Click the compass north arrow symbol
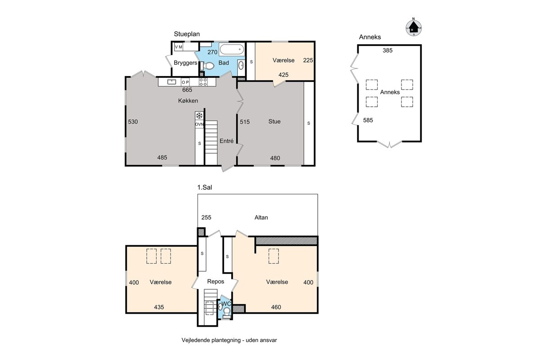click(x=414, y=27)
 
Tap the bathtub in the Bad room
click(x=232, y=49)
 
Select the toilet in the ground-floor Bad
click(x=207, y=66)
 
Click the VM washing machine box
click(x=179, y=47)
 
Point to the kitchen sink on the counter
click(x=171, y=82)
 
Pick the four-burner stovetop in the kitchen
click(x=203, y=82)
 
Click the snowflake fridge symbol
click(x=199, y=116)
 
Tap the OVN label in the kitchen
click(x=199, y=124)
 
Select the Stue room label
click(x=274, y=121)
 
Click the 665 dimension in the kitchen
click(x=187, y=90)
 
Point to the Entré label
click(x=226, y=141)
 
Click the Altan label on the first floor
click(x=261, y=217)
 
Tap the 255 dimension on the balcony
click(x=206, y=217)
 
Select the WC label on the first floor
click(x=226, y=304)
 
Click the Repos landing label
click(x=216, y=281)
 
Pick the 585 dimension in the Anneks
click(x=368, y=120)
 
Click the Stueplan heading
click(x=187, y=34)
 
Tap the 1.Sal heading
click(x=205, y=187)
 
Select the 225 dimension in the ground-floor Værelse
click(x=308, y=60)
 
